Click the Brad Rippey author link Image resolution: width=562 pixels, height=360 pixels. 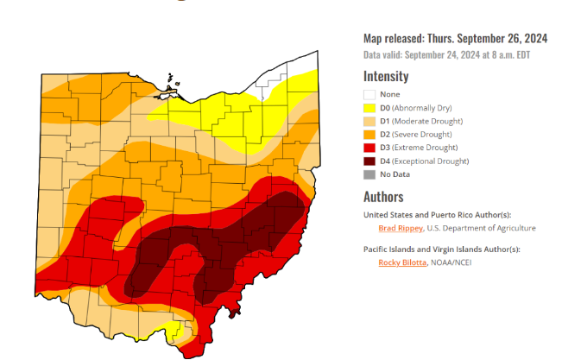point(401,228)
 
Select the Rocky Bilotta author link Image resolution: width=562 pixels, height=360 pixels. point(402,262)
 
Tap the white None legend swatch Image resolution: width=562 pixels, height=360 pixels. point(369,94)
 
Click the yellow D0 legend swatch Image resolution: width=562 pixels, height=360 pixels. point(369,108)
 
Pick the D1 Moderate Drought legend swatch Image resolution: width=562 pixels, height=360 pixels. point(369,121)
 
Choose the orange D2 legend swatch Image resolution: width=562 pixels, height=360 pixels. point(369,135)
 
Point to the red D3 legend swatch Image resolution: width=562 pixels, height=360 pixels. point(369,148)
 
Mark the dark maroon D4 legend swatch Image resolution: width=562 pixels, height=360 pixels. point(369,161)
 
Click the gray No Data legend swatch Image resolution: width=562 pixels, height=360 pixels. point(369,174)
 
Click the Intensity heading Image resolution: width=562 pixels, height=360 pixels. point(386,76)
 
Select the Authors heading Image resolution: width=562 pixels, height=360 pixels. point(383,196)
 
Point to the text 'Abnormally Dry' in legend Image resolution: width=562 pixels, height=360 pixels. point(426,108)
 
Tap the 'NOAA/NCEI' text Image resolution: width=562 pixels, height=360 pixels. point(458,262)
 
